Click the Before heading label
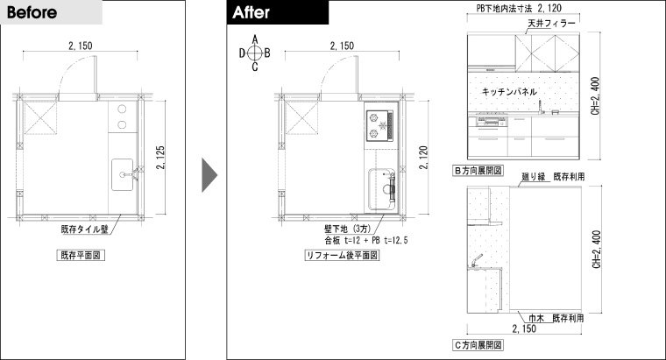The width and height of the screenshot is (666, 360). [32, 12]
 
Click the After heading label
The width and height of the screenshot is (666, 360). [251, 12]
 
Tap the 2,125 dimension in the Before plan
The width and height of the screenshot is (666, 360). [160, 158]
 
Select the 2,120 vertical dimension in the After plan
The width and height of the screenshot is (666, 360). [423, 158]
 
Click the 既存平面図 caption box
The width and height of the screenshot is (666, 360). [81, 255]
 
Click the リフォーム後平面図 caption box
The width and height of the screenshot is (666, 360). [342, 255]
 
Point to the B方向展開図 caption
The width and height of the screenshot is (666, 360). [478, 171]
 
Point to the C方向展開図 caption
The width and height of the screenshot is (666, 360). [478, 345]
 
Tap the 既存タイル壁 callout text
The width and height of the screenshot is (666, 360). [84, 229]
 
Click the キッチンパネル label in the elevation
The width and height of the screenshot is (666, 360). [509, 91]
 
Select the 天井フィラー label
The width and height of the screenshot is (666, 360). [551, 24]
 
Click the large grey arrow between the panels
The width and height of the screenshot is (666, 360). [209, 175]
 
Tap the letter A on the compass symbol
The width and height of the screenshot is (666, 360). [255, 40]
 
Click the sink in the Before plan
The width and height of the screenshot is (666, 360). [123, 174]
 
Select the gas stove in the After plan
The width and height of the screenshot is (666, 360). [379, 125]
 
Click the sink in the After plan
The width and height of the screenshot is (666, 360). [382, 189]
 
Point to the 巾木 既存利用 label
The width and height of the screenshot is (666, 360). [556, 318]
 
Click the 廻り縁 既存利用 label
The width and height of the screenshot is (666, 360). [553, 177]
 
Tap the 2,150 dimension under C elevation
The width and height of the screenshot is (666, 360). [524, 328]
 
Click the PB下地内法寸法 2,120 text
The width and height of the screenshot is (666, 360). [519, 8]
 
